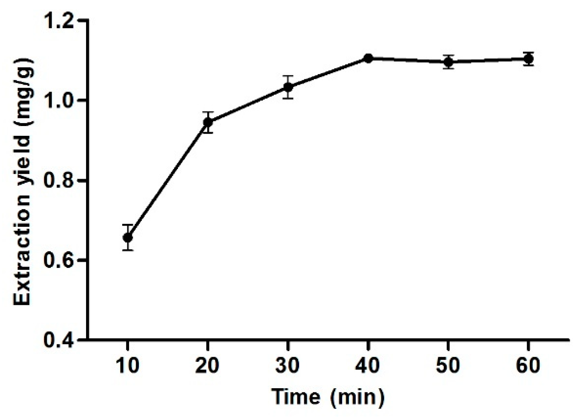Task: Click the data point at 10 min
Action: [x=128, y=238]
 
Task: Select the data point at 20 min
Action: [x=208, y=122]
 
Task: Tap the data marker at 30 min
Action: [x=288, y=87]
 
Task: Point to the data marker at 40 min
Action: [x=368, y=58]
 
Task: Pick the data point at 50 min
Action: [x=448, y=62]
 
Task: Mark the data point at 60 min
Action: [x=528, y=59]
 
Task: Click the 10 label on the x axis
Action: [x=128, y=365]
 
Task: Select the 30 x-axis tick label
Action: [x=288, y=365]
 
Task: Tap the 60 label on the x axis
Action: [x=528, y=365]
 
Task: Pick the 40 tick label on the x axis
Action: [x=368, y=365]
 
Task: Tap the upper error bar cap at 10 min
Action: [x=128, y=225]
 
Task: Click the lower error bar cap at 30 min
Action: [x=288, y=98]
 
